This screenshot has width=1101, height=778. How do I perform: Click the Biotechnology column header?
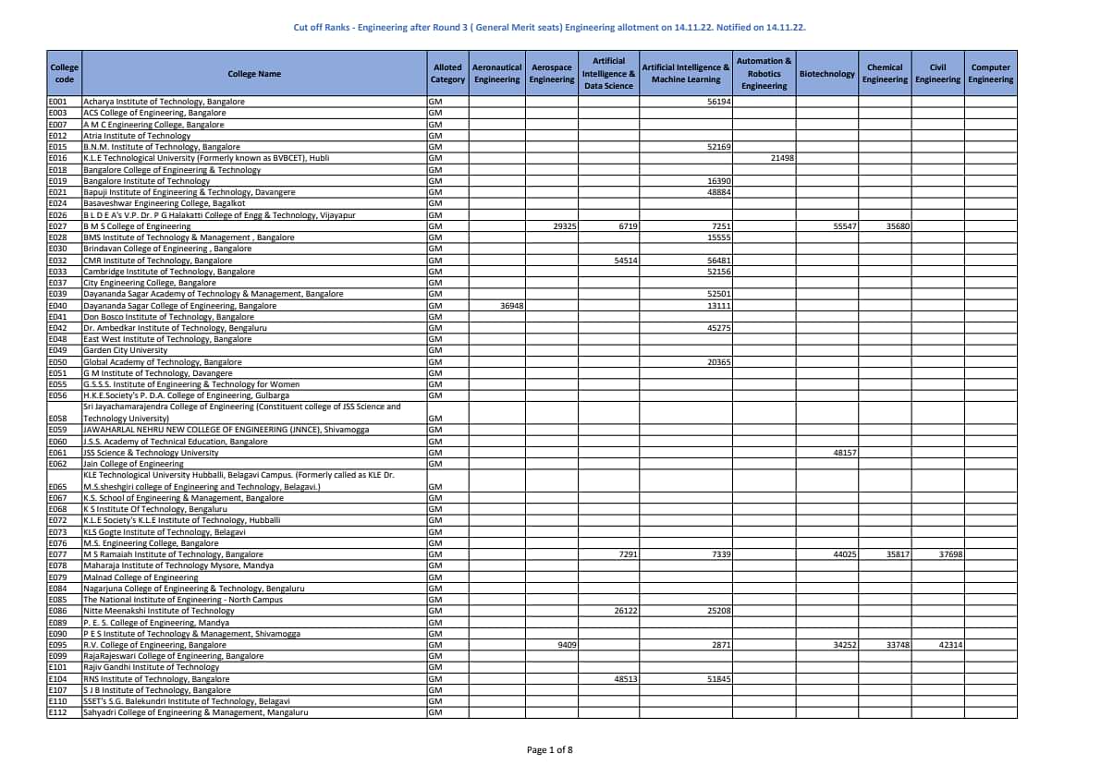[x=826, y=74]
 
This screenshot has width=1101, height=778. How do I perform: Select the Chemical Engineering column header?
[x=885, y=74]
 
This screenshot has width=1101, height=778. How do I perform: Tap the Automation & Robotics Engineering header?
[x=764, y=74]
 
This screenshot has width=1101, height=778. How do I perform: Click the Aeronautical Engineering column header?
[x=496, y=74]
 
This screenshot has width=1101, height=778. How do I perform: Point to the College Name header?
[x=254, y=74]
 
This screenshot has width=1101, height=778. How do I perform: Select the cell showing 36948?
[x=512, y=305]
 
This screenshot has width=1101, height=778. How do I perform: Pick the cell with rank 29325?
[x=565, y=226]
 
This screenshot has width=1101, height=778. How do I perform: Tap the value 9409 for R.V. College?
[x=567, y=645]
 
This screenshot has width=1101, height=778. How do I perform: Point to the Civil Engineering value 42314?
[x=950, y=645]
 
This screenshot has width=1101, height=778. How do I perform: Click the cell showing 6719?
[x=628, y=226]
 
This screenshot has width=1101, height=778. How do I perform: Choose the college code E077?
[x=57, y=554]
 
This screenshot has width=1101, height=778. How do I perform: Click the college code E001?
[x=57, y=102]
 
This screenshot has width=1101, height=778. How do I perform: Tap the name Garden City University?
[x=126, y=350]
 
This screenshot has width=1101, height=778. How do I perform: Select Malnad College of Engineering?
[x=141, y=577]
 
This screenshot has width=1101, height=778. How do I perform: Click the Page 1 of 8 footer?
[x=549, y=749]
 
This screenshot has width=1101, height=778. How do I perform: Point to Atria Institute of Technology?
[x=137, y=136]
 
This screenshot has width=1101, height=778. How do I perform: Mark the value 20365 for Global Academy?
[x=719, y=362]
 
